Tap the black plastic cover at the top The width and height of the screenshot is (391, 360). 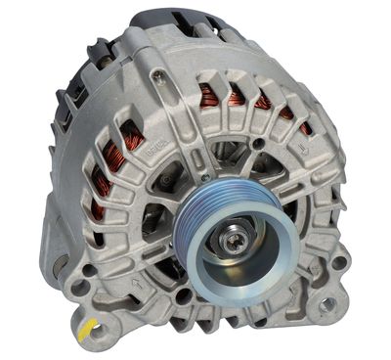[x=181, y=22]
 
